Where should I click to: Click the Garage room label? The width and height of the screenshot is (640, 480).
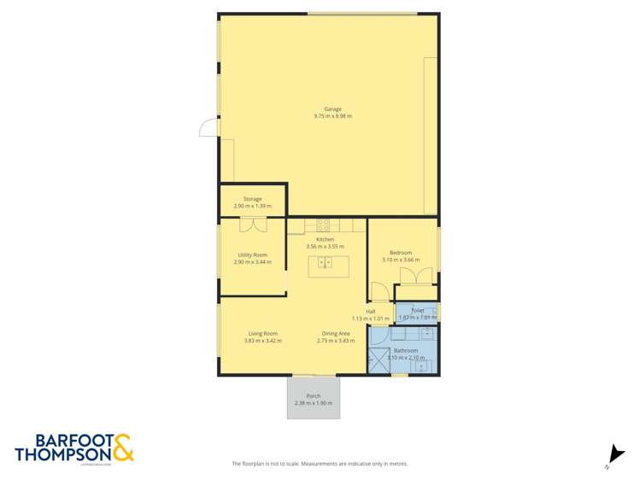[x=332, y=108]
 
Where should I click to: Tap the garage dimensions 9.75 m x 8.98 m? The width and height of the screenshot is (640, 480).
[x=332, y=116]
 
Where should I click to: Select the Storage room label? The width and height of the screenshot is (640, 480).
[x=252, y=199]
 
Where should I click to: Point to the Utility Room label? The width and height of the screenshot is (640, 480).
[x=252, y=255]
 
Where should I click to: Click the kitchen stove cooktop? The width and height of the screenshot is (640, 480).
[x=324, y=225]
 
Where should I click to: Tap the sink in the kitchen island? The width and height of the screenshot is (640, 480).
[x=324, y=264]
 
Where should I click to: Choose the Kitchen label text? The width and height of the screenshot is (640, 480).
[x=325, y=239]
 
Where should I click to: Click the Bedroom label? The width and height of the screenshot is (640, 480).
[x=401, y=253]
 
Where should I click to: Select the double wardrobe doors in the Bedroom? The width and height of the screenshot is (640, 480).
[x=420, y=277]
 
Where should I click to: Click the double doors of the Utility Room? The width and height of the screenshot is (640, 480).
[x=252, y=224]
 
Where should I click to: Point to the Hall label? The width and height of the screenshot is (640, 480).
[x=370, y=312]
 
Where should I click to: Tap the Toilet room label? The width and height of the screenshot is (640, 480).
[x=417, y=311]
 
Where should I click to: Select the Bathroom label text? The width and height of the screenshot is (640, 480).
[x=406, y=350]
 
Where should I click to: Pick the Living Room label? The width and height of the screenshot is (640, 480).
[x=262, y=333]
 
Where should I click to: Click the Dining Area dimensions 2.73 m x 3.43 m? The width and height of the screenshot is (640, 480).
[x=336, y=341]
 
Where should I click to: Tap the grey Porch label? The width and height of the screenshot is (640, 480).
[x=313, y=395]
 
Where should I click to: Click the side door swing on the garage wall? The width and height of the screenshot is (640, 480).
[x=208, y=128]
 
